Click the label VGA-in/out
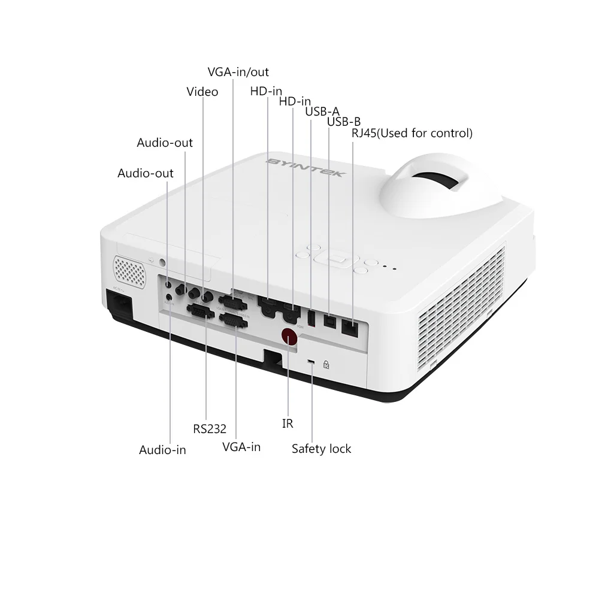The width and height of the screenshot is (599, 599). pyautogui.click(x=238, y=72)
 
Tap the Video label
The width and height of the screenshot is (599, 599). pyautogui.click(x=202, y=92)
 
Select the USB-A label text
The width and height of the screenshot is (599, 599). pyautogui.click(x=322, y=111)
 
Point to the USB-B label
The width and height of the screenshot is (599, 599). pyautogui.click(x=344, y=122)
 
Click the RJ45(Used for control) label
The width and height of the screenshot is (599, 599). pyautogui.click(x=412, y=133)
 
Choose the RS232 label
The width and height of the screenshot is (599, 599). pyautogui.click(x=210, y=429)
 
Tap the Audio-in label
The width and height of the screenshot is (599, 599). pyautogui.click(x=162, y=450)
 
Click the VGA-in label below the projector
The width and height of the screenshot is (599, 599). pyautogui.click(x=241, y=447)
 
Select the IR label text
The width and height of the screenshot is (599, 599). pyautogui.click(x=288, y=423)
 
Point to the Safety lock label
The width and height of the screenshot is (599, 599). pyautogui.click(x=321, y=449)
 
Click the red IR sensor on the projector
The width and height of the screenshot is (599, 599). pyautogui.click(x=289, y=337)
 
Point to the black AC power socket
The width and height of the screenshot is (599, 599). pyautogui.click(x=119, y=303)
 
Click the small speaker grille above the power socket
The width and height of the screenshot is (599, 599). pyautogui.click(x=129, y=270)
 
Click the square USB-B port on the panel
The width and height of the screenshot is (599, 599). pyautogui.click(x=329, y=320)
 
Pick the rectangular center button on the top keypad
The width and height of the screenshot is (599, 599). pyautogui.click(x=336, y=258)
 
